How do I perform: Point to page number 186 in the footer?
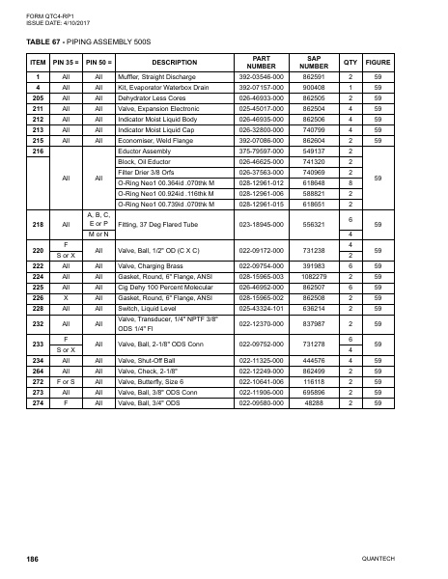click(x=32, y=559)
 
